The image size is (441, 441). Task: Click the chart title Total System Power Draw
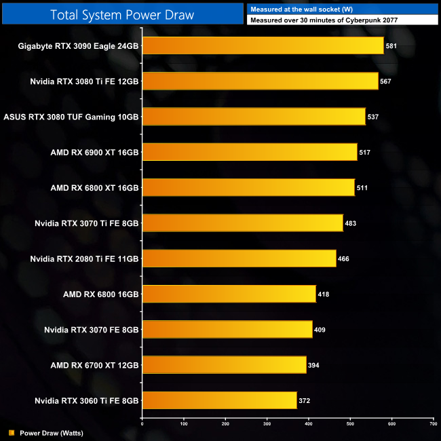click(122, 14)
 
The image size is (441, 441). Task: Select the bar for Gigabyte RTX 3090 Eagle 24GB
click(263, 46)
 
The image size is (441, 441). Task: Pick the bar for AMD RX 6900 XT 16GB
click(249, 152)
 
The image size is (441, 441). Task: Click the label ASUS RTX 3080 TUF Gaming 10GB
click(71, 117)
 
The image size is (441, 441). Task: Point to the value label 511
click(362, 187)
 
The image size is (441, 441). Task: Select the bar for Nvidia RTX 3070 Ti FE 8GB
click(242, 223)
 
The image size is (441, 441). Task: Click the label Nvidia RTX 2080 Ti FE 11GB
click(85, 258)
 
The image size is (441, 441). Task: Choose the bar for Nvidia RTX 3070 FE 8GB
click(227, 329)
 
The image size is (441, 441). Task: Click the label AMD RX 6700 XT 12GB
click(94, 365)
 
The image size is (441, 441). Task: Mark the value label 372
click(305, 400)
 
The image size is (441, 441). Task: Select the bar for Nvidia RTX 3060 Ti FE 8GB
click(219, 400)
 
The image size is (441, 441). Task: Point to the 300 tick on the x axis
click(267, 424)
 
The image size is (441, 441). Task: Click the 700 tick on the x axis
click(434, 424)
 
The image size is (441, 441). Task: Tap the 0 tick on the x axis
click(142, 424)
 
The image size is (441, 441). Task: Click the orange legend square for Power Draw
click(12, 432)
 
